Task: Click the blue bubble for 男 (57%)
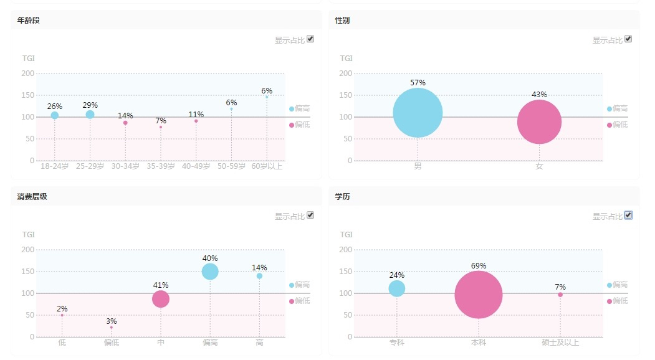click(x=418, y=113)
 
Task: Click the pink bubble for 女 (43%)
click(x=539, y=121)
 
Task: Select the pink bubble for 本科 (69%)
click(x=479, y=295)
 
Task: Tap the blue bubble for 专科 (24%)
click(x=397, y=288)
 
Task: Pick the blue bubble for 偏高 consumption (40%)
click(x=210, y=272)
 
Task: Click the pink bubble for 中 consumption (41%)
click(x=161, y=299)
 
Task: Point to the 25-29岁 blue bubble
click(x=90, y=115)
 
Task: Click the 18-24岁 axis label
click(x=54, y=167)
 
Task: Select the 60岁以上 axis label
click(x=267, y=167)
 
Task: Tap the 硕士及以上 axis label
click(x=560, y=343)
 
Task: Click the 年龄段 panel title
click(x=29, y=21)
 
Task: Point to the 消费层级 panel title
click(x=32, y=197)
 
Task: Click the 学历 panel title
click(x=342, y=197)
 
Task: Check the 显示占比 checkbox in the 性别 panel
click(x=628, y=39)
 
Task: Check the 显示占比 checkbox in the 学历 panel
click(x=628, y=215)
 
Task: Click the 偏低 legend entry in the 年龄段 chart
click(x=299, y=125)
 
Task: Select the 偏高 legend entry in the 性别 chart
click(x=617, y=108)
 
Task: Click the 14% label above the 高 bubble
click(x=259, y=268)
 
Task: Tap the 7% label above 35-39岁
click(x=161, y=120)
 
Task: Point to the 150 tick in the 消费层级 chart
click(x=28, y=272)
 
